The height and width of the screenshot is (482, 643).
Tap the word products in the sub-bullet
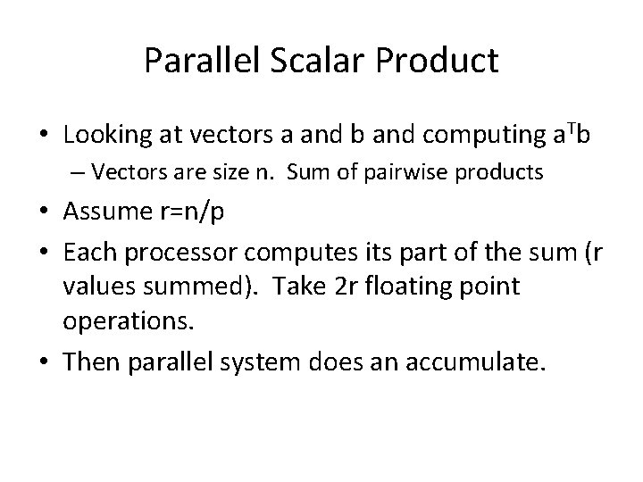tap(501, 172)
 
